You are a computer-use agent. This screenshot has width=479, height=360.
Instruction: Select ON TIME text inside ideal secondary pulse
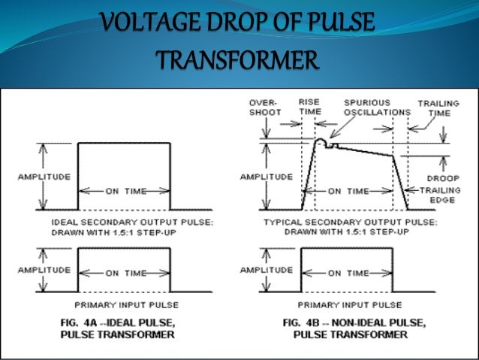click(124, 191)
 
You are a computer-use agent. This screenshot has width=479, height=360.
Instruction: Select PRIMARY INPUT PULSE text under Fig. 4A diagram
click(124, 304)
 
